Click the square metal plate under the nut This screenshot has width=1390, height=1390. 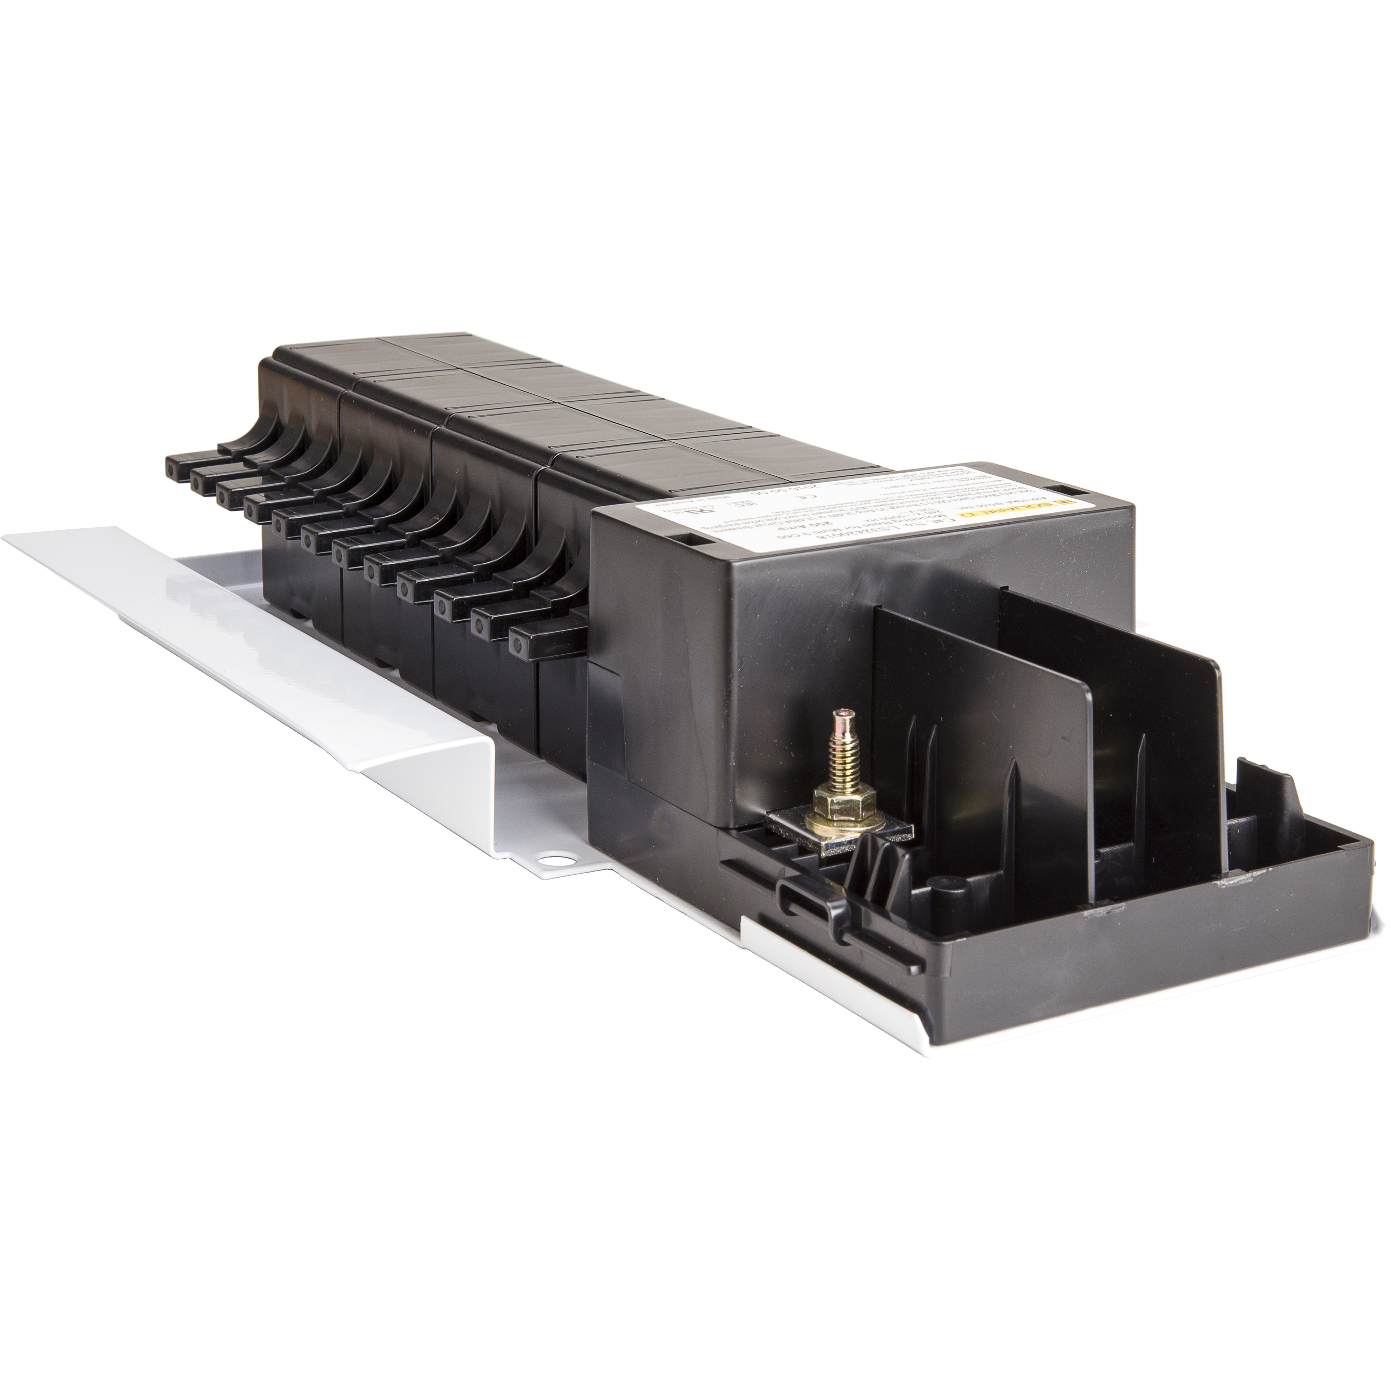[842, 827]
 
